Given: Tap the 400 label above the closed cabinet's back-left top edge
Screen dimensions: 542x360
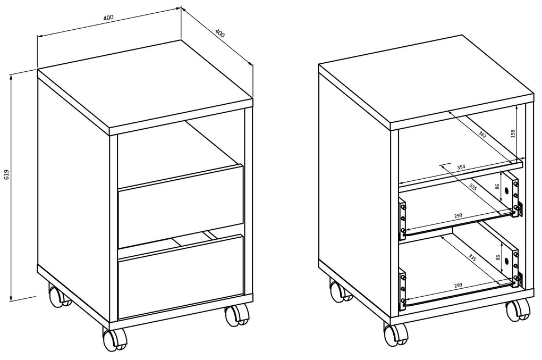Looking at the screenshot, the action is click(x=108, y=18).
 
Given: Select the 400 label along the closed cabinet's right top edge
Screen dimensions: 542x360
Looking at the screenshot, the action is click(x=220, y=33).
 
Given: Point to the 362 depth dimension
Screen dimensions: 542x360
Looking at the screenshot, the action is click(x=482, y=135).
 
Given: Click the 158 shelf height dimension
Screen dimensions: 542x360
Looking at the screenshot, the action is click(x=513, y=134).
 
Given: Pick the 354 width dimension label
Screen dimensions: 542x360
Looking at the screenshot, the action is click(x=461, y=167).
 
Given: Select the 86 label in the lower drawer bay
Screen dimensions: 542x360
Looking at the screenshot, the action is click(x=497, y=258).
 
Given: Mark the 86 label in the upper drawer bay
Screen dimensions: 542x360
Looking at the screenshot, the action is click(x=497, y=187).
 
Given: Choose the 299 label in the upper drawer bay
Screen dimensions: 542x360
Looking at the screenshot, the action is click(x=459, y=215).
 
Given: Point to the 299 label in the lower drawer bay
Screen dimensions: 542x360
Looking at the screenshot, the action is click(x=459, y=286).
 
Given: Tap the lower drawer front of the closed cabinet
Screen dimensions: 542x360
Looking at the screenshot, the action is click(x=181, y=277).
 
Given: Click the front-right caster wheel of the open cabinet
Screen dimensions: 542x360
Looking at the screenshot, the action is click(x=518, y=310).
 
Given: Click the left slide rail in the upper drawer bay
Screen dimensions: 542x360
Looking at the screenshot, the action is click(x=402, y=219).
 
